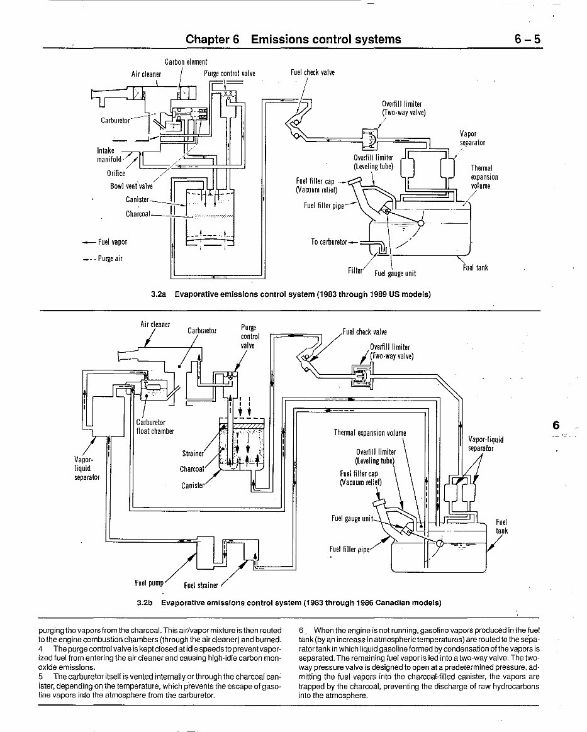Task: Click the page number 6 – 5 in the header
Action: tap(527, 39)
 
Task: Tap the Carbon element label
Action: tap(186, 62)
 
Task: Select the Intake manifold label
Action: tap(109, 155)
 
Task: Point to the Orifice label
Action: tap(116, 174)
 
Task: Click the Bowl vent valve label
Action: tap(131, 186)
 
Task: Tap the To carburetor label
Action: tap(328, 242)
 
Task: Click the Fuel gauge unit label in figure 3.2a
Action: tap(394, 274)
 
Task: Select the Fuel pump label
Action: tap(149, 582)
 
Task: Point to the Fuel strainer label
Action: tap(201, 585)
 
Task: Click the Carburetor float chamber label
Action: tap(155, 427)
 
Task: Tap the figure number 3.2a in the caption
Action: tap(158, 294)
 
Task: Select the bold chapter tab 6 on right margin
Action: tap(556, 425)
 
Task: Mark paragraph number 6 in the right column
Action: tap(301, 630)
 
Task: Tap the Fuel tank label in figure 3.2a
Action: tap(475, 268)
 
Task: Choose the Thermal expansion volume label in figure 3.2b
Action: tap(369, 433)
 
